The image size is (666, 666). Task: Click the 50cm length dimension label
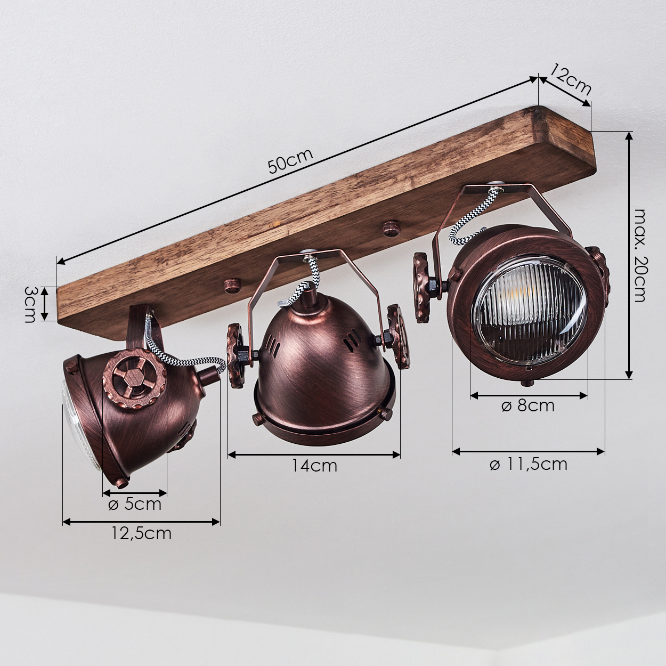coord(290,161)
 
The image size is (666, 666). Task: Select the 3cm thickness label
coord(30,304)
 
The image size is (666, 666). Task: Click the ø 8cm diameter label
coord(528,405)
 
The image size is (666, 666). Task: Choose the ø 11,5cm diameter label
coord(529,464)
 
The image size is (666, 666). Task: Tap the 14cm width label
coord(314,466)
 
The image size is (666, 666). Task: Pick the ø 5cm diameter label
coord(135,504)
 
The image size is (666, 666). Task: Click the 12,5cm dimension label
coord(141,543)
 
